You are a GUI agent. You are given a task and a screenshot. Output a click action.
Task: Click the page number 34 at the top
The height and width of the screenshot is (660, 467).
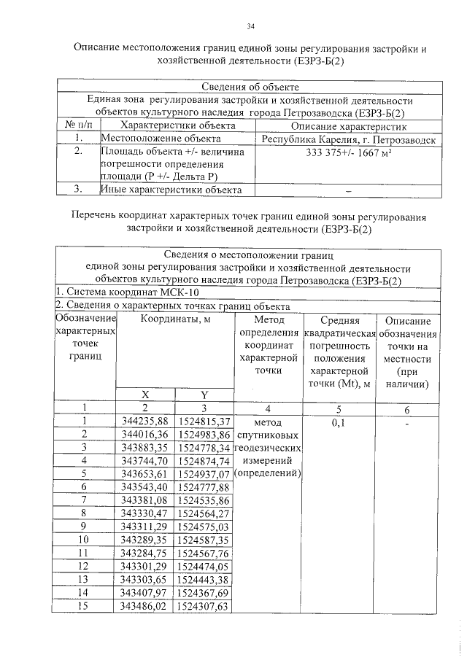250,27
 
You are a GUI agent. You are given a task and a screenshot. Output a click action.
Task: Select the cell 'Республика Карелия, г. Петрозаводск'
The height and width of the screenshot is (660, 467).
348,139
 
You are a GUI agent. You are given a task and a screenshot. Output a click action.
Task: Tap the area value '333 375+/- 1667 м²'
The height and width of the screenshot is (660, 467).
348,153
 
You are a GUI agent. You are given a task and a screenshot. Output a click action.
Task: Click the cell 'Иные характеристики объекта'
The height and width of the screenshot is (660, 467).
171,190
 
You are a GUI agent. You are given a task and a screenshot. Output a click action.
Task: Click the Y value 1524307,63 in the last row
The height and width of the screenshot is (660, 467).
204,606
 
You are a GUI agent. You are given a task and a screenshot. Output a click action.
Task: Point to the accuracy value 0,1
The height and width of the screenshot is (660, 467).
338,422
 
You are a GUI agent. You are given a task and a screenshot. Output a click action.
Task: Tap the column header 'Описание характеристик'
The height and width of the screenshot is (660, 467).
348,125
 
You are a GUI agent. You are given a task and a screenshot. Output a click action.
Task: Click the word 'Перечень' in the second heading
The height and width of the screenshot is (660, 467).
95,217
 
